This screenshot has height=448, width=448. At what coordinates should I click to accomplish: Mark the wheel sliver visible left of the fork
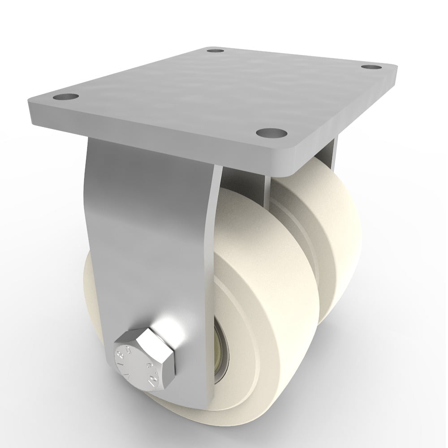pos(92,287)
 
